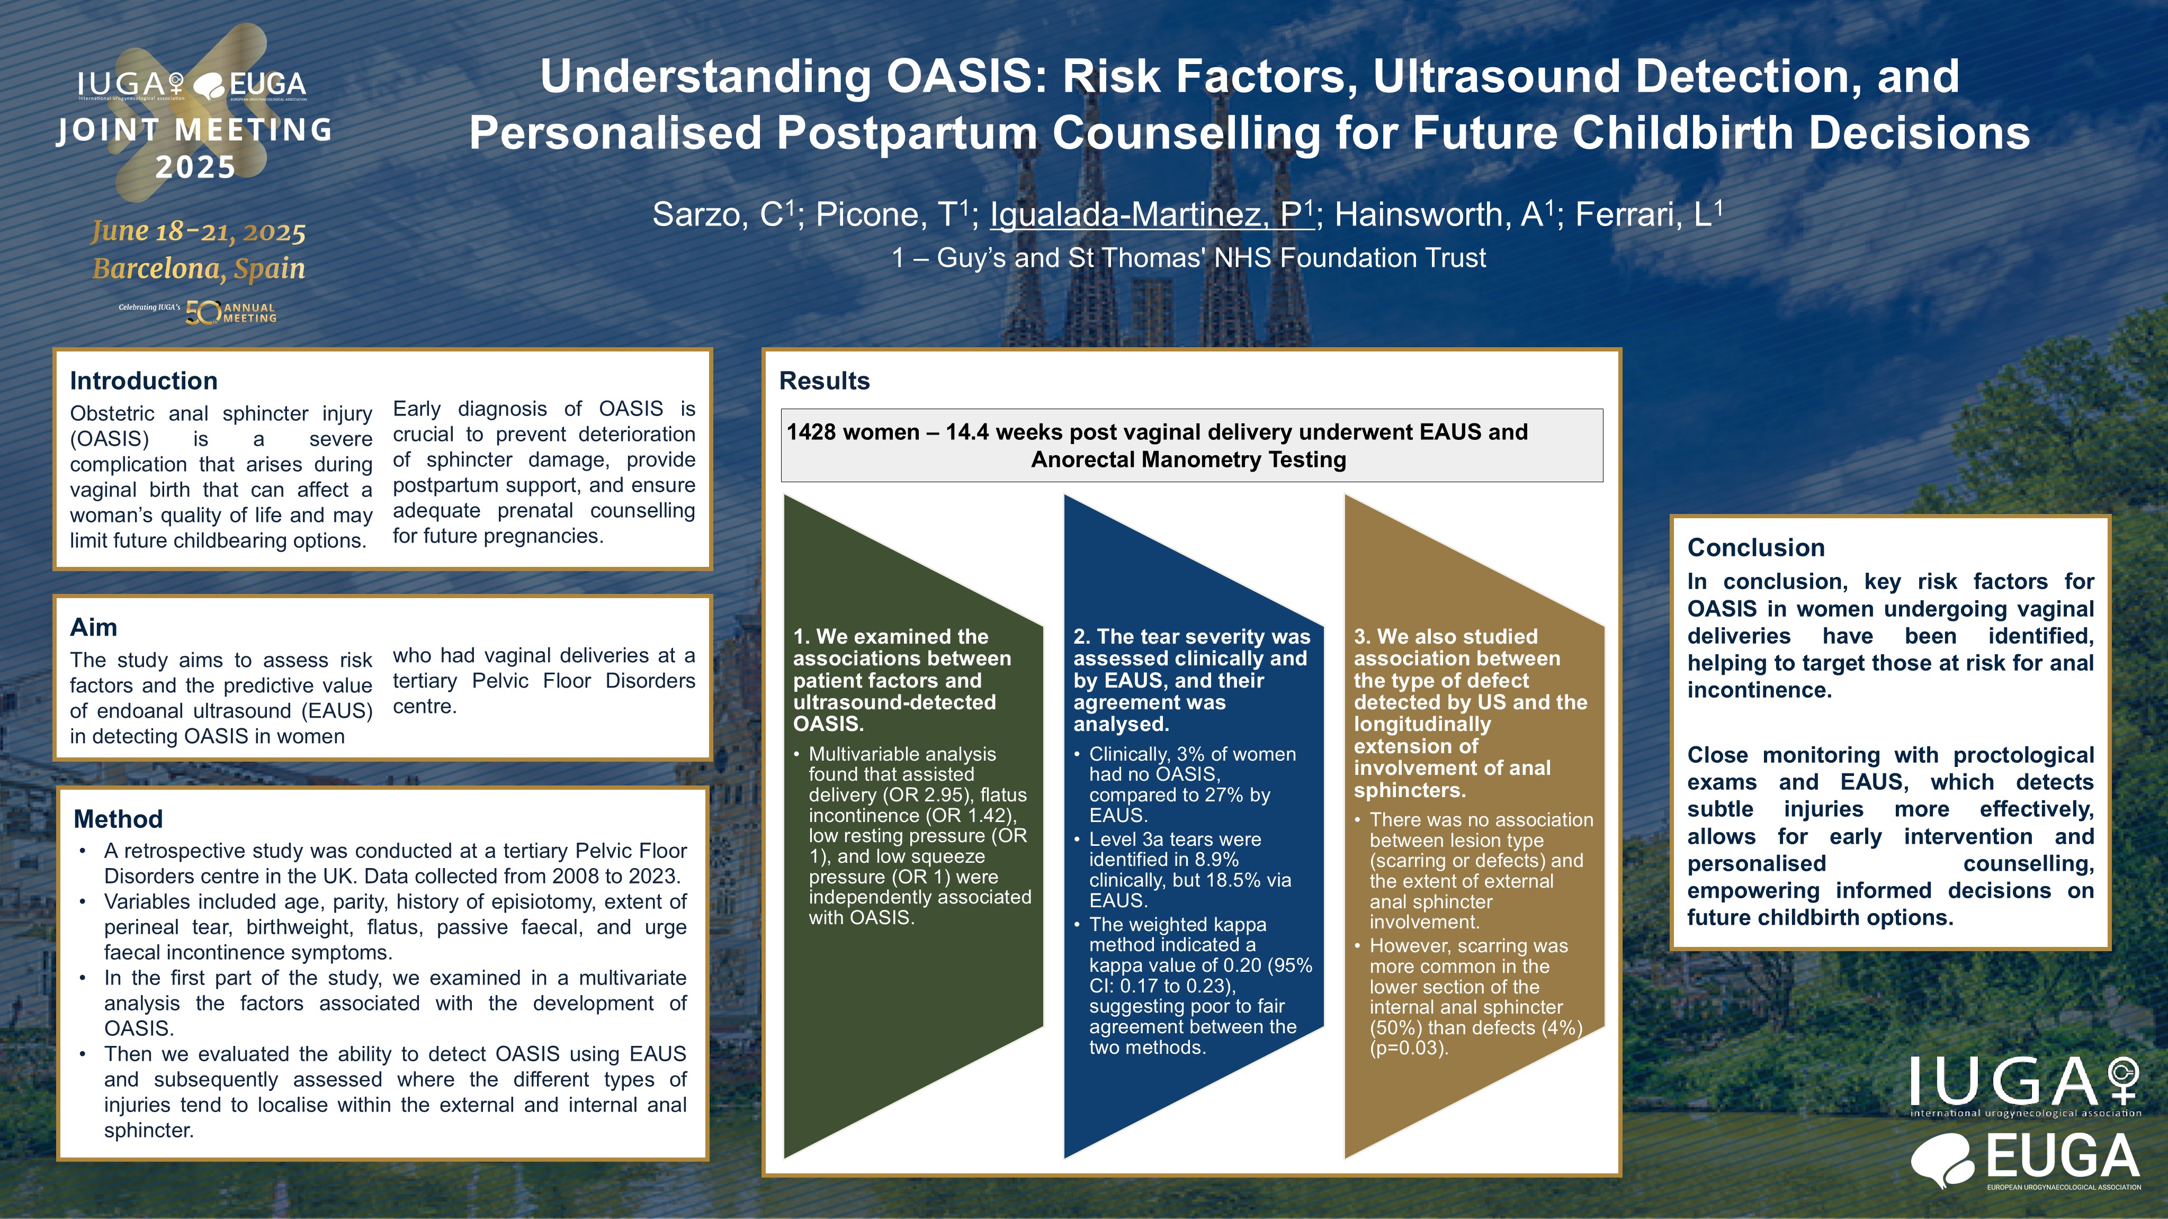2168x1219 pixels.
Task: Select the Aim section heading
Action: point(93,628)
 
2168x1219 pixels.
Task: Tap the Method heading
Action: point(118,819)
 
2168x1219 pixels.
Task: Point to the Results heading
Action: point(824,381)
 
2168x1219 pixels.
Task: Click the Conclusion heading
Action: point(1755,548)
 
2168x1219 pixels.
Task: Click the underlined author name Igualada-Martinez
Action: point(1151,214)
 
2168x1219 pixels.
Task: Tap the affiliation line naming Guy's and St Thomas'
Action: point(1188,257)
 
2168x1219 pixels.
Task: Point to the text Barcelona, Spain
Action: point(199,269)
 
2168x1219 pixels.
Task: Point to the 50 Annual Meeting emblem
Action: point(230,313)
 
